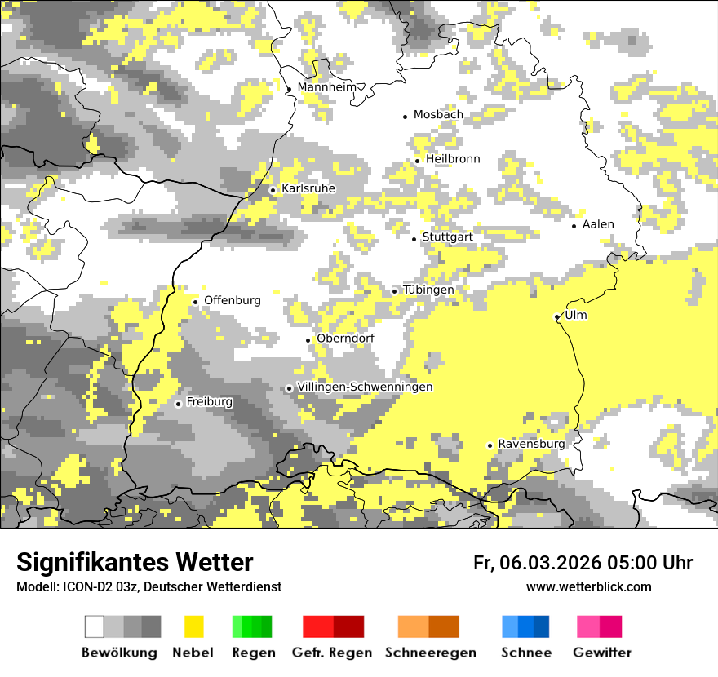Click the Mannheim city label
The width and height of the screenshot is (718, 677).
[x=329, y=87]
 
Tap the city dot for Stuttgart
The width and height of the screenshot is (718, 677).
[x=414, y=238]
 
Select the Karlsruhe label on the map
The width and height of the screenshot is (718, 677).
[x=308, y=188]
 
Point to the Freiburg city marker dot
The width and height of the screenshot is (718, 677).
[x=178, y=403]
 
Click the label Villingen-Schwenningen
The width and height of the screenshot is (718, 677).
[x=365, y=387]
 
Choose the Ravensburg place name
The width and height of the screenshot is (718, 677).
[x=531, y=444]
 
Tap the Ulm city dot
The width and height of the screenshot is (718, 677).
[x=557, y=316]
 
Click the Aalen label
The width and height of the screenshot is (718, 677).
[x=598, y=224]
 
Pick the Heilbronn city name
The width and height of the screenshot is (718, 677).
[x=453, y=159]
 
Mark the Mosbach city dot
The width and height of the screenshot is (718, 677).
[x=405, y=117]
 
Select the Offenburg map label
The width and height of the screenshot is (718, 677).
[x=233, y=300]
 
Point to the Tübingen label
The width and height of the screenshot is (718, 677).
[x=428, y=290]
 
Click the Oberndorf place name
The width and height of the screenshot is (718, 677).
[x=345, y=338]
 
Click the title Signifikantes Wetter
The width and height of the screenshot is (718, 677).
[x=135, y=562]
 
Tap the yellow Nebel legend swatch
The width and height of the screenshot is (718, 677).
[x=193, y=626]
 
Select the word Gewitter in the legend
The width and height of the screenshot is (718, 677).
[x=602, y=653]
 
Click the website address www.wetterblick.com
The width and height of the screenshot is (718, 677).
[x=588, y=586]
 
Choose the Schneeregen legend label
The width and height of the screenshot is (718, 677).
[x=430, y=653]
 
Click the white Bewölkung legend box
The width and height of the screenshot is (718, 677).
[x=95, y=626]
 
